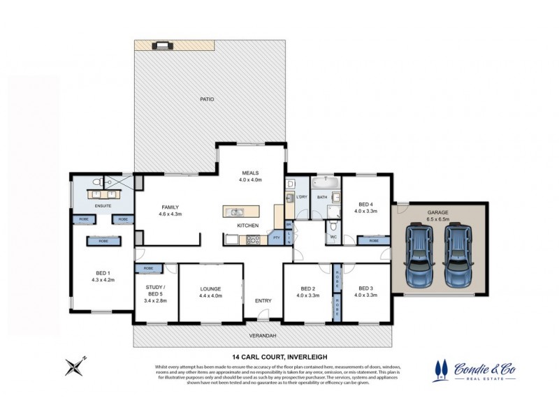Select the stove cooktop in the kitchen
pyautogui.click(x=253, y=240)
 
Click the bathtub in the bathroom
pyautogui.click(x=326, y=184)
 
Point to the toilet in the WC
pyautogui.click(x=333, y=228)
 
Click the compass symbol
pyautogui.click(x=75, y=365)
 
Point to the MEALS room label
pyautogui.click(x=251, y=172)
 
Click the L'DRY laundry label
pyautogui.click(x=302, y=198)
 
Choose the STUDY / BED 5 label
pyautogui.click(x=155, y=290)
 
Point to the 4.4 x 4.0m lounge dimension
pyautogui.click(x=210, y=295)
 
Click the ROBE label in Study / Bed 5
pyautogui.click(x=148, y=268)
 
